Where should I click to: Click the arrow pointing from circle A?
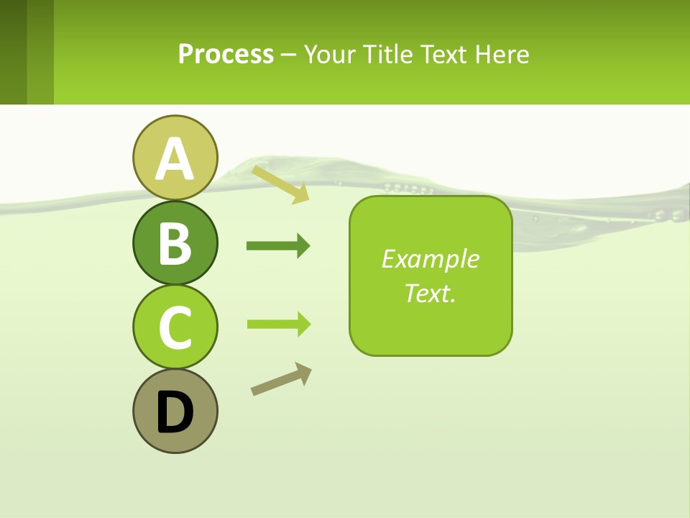tap(280, 184)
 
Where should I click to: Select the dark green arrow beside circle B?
tap(277, 246)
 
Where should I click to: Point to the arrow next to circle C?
tap(277, 324)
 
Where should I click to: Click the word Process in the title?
tap(226, 54)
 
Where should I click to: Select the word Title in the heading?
tap(387, 54)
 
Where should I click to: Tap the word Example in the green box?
tap(431, 259)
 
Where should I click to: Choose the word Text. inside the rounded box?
tap(431, 293)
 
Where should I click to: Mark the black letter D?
tap(175, 412)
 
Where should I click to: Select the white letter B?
tap(175, 243)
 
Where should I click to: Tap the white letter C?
tap(175, 327)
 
